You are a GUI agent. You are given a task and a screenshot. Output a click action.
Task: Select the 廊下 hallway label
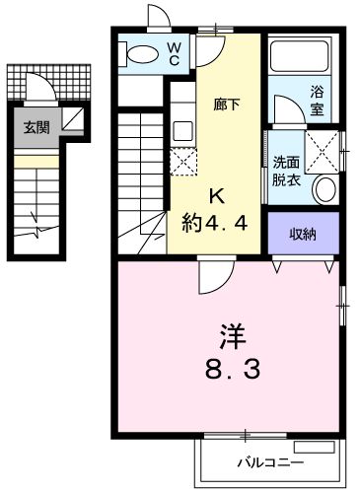point(228,102)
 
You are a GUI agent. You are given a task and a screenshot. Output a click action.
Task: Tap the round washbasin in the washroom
point(324,189)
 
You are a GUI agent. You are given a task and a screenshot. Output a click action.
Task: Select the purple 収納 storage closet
point(304,234)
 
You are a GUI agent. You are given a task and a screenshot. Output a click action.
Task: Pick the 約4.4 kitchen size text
point(221,222)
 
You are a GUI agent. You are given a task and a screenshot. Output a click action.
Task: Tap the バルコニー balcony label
point(268,461)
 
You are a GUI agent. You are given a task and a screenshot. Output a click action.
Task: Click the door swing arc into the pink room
point(210,278)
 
